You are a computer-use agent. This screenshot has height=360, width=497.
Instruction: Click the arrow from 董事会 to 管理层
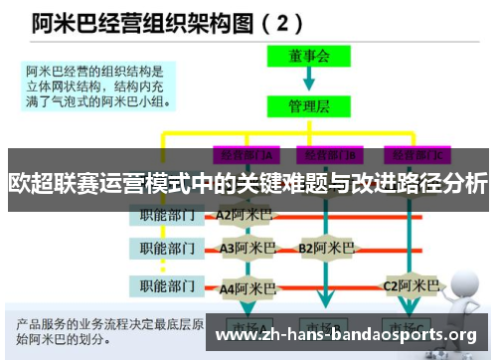pos(309,80)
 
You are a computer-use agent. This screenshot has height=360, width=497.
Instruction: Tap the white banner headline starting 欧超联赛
pos(248,183)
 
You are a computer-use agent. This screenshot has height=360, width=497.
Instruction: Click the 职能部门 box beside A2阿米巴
pos(166,214)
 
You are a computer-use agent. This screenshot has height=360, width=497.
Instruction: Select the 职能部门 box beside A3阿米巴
pos(166,248)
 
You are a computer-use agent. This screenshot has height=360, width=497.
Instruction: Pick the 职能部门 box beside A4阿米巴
pos(166,287)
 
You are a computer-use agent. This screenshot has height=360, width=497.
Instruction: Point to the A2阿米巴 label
pos(246,214)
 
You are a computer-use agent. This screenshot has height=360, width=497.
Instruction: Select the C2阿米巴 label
pos(412,286)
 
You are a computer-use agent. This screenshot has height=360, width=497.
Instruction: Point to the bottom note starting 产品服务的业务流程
pos(109,332)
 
